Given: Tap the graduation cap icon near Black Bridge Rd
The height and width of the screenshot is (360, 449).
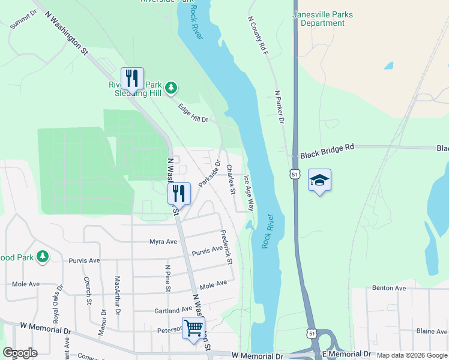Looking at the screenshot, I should (x=319, y=180).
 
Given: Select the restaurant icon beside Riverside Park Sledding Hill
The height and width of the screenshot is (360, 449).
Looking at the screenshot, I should (x=132, y=79).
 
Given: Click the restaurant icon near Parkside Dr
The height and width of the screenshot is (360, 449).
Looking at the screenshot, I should (x=179, y=194).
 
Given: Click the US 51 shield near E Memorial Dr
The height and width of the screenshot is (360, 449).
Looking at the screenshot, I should (x=311, y=332).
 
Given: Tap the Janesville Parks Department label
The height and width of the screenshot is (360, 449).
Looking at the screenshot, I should (x=322, y=19).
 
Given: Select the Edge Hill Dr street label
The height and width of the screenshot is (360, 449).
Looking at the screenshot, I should (x=193, y=112).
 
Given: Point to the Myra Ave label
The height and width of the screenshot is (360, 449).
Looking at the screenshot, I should (x=163, y=242).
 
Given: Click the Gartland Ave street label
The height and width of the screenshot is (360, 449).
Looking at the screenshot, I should (x=172, y=311).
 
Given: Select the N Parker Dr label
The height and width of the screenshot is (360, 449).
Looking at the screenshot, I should (x=279, y=107).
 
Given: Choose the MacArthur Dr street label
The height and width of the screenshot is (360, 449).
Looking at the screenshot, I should (x=118, y=295).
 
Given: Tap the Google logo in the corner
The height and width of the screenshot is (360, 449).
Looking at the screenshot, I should (x=20, y=353).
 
